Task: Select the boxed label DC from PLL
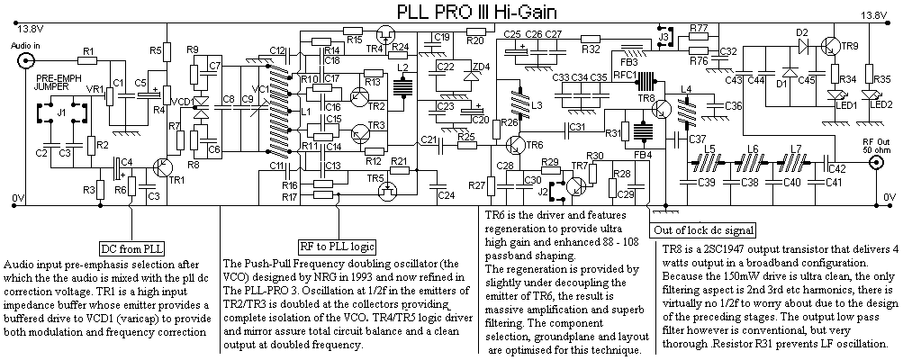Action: (132, 247)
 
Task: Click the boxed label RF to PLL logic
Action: (337, 247)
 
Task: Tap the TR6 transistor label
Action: (536, 144)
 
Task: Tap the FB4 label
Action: (642, 154)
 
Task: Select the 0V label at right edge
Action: (889, 196)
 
